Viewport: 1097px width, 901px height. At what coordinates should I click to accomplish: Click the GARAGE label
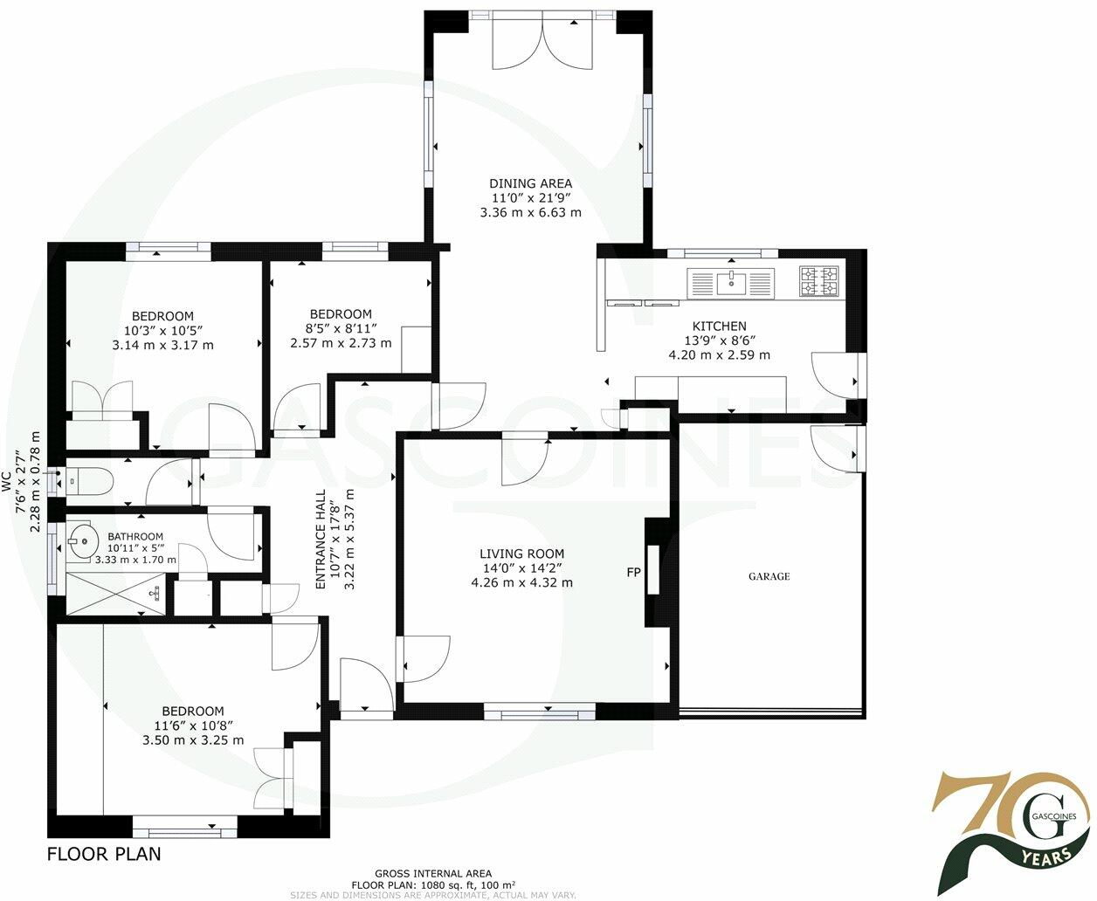(769, 576)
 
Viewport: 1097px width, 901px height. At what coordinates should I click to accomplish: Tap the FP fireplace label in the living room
(633, 573)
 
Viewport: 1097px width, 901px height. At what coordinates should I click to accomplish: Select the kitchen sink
(730, 283)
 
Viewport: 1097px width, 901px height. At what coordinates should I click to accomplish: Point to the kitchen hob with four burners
(818, 281)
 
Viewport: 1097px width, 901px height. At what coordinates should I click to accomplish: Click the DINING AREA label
(530, 183)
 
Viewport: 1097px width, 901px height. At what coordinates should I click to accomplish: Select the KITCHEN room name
(719, 326)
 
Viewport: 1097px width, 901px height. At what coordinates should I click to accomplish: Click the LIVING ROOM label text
(521, 554)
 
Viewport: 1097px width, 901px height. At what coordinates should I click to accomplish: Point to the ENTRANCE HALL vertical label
(321, 539)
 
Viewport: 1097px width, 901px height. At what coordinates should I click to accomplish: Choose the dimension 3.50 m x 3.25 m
(193, 740)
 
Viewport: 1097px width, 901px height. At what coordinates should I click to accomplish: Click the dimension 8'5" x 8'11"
(341, 328)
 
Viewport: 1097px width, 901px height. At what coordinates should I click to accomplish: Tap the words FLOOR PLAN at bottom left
(103, 853)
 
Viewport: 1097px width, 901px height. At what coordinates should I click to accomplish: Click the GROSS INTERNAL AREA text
(432, 873)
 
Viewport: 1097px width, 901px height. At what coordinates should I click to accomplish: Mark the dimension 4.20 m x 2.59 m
(719, 355)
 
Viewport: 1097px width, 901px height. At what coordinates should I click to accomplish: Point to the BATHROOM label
(135, 537)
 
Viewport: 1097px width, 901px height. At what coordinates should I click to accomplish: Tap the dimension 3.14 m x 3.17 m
(162, 345)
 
